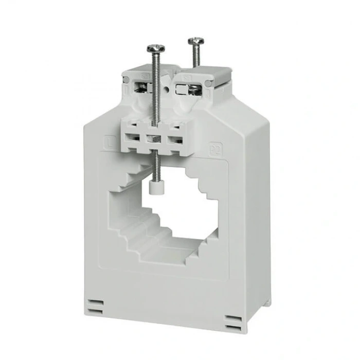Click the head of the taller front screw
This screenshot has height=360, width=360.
(156, 48)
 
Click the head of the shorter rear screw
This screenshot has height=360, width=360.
(196, 40)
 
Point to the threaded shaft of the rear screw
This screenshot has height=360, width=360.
(196, 57)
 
